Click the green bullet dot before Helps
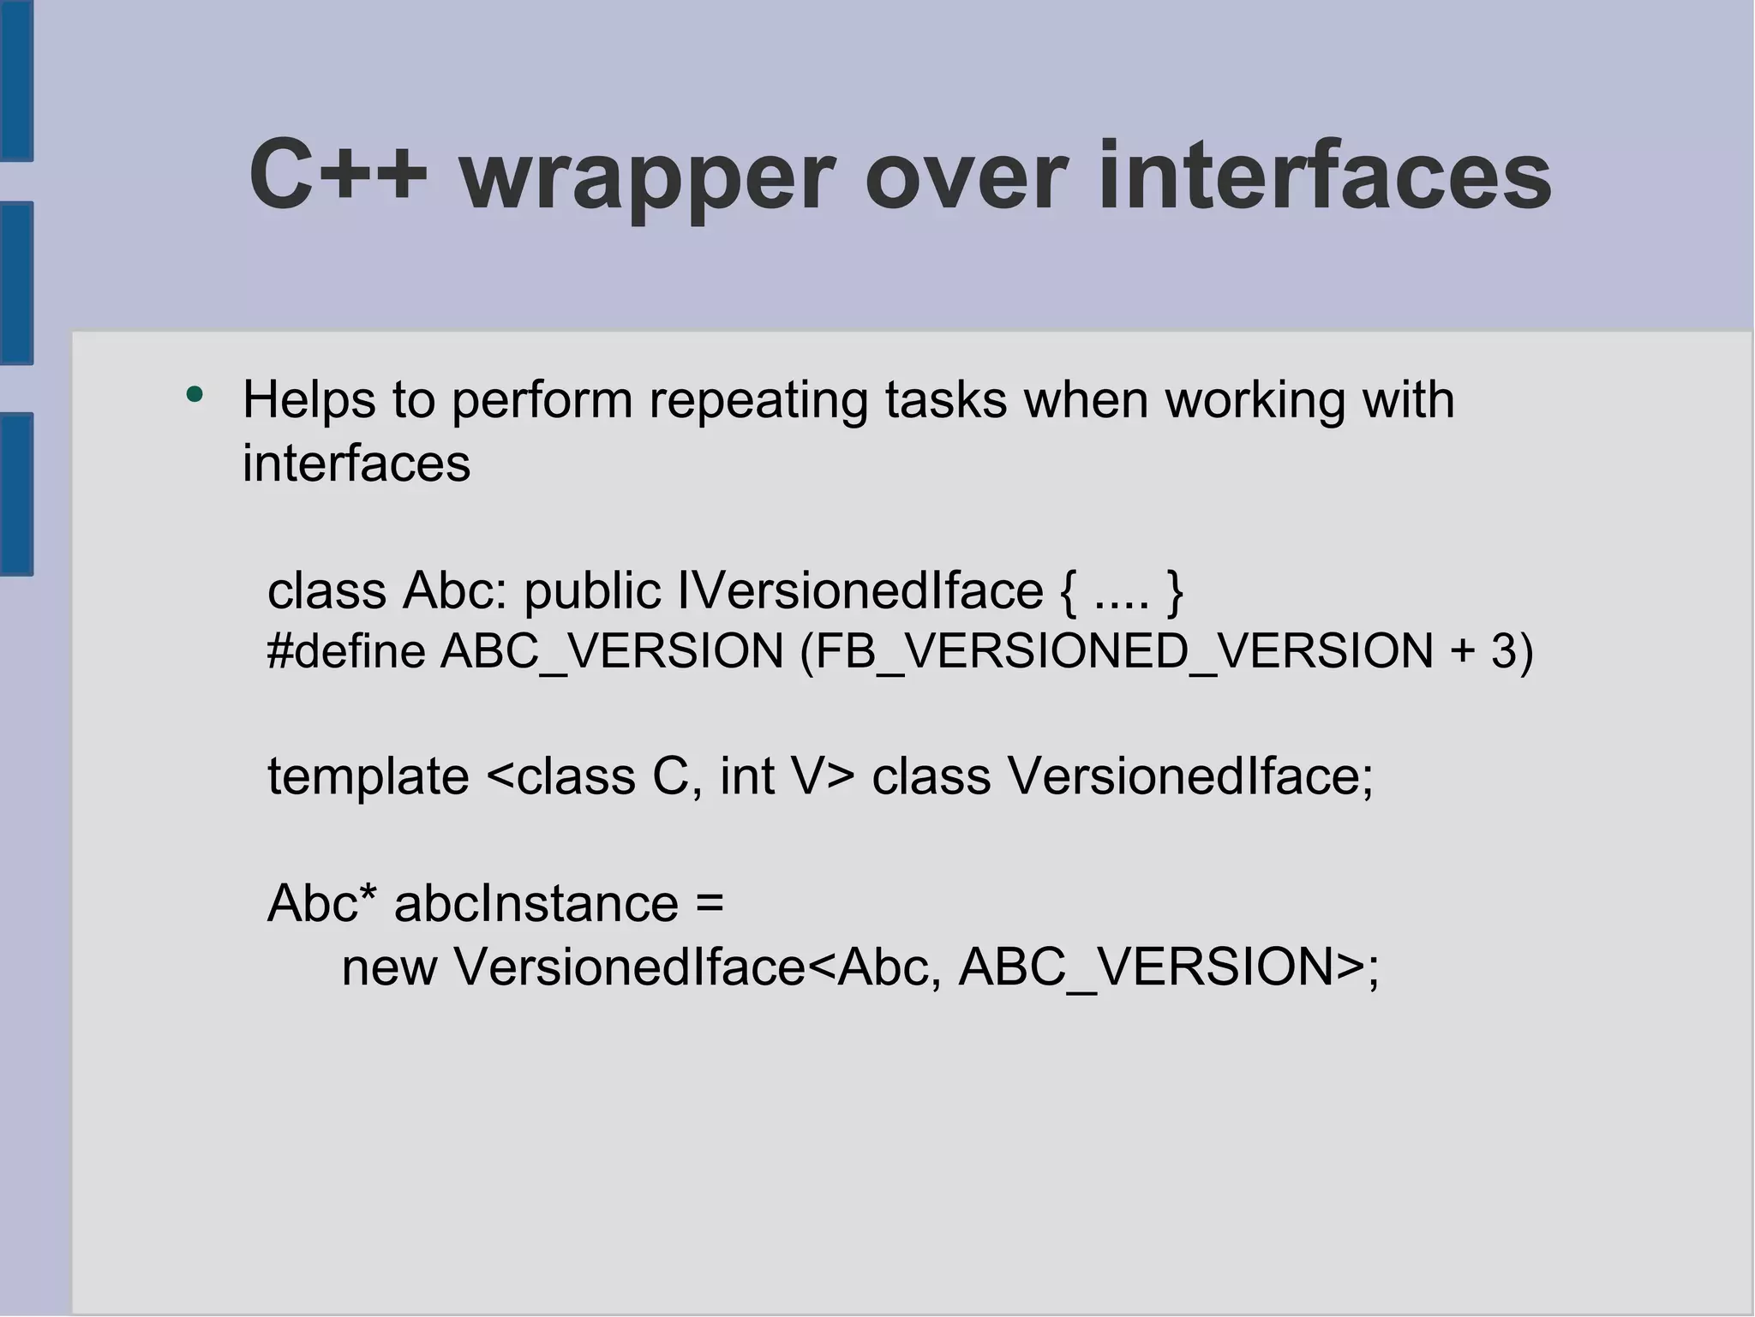point(195,395)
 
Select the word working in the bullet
point(1254,400)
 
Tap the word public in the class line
point(591,591)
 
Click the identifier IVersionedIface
point(860,590)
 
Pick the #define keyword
point(346,650)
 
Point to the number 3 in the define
point(1504,650)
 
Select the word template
point(368,776)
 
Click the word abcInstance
point(536,903)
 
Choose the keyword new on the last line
point(389,967)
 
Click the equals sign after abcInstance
point(710,904)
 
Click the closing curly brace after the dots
point(1174,591)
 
